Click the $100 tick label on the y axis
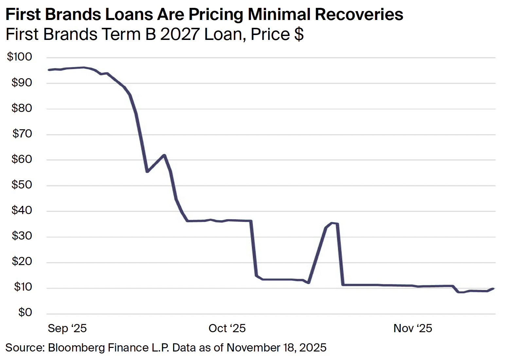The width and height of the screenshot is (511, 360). [20, 57]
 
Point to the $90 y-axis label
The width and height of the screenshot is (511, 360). [22, 82]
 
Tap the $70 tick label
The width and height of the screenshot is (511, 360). [22, 134]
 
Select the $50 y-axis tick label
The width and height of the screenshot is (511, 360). [22, 185]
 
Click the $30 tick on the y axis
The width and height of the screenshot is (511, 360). [22, 236]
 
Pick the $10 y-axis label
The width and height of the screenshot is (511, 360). [23, 287]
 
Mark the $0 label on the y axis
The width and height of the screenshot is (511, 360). [25, 313]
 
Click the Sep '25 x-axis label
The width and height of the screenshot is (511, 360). [67, 328]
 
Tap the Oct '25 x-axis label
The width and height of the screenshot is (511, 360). [227, 328]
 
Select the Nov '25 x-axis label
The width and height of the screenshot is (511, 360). [413, 328]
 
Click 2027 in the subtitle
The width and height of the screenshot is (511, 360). [180, 34]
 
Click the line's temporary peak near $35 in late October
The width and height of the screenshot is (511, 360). [332, 223]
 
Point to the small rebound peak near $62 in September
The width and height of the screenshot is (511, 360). [164, 155]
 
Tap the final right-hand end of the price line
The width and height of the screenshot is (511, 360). [493, 289]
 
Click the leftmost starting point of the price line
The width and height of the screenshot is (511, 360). [49, 70]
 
